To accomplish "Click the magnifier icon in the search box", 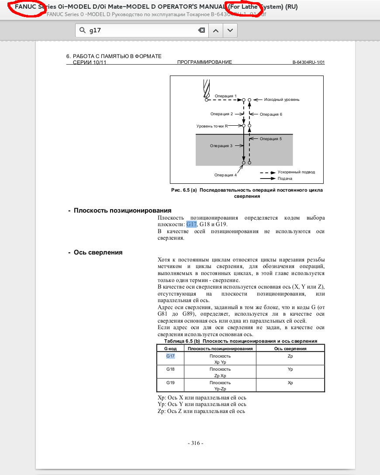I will (x=83, y=31).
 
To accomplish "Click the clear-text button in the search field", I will (x=201, y=31).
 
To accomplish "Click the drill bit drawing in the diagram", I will (x=207, y=89).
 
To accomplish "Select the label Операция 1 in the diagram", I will (x=226, y=96).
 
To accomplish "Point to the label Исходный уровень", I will (x=282, y=100).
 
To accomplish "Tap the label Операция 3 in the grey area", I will (x=221, y=146).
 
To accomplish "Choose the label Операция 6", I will (x=271, y=114).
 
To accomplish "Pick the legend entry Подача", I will (x=285, y=178).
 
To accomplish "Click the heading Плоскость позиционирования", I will (x=122, y=210).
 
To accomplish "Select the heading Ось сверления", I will (x=98, y=252).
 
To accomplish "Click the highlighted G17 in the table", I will (x=170, y=356).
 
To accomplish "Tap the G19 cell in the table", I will (x=170, y=382).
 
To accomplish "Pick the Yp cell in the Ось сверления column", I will (x=290, y=369).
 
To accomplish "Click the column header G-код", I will (x=170, y=349).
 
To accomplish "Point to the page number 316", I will (x=196, y=443).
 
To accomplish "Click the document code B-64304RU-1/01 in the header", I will (x=308, y=62).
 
